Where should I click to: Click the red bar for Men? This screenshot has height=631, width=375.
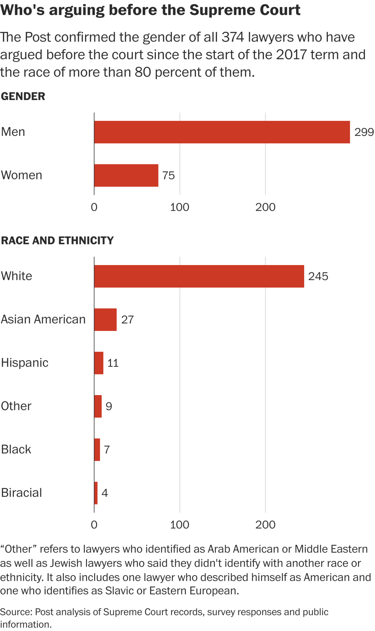coord(222,132)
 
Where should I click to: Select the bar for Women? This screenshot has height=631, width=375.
coord(126,175)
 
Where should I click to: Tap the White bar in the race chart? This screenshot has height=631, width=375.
coord(199,276)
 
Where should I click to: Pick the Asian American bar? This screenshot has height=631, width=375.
coord(105,319)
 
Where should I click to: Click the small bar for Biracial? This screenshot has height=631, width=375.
coord(96,493)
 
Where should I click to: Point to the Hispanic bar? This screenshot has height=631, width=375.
coord(99,363)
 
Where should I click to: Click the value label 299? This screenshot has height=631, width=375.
coord(364,132)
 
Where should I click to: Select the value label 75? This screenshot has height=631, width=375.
coord(168,176)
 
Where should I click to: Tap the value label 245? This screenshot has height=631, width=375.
coord(318,276)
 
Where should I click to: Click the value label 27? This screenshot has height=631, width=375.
coord(127,320)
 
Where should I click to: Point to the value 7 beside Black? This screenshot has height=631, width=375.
coord(107,450)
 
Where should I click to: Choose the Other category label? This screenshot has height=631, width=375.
coord(16,406)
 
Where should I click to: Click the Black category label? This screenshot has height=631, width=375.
coord(16,449)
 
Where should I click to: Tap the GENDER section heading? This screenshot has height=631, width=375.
coord(23,96)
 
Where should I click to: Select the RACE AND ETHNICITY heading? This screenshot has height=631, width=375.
coord(57,240)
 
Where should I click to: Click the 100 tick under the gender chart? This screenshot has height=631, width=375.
coord(180,207)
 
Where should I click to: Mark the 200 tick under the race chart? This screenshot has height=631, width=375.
coord(265,525)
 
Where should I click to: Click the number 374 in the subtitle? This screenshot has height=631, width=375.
coord(233,38)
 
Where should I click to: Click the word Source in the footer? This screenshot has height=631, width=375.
coord(16,612)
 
